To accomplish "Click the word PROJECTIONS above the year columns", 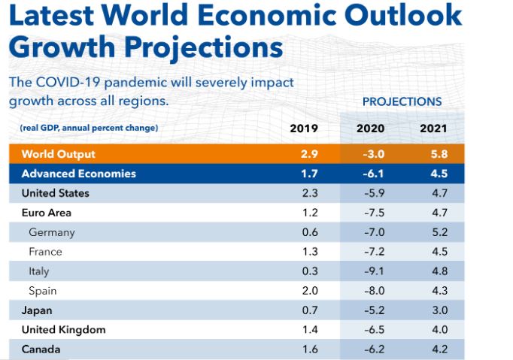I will click(x=402, y=101).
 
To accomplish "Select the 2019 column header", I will click(x=304, y=129).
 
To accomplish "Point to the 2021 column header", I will click(x=433, y=129).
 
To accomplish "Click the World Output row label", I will click(x=59, y=154).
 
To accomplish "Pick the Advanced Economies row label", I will click(x=79, y=174).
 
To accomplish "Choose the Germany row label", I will click(x=52, y=232).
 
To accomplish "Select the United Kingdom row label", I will click(x=64, y=330).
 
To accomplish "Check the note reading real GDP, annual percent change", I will click(x=90, y=129).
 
